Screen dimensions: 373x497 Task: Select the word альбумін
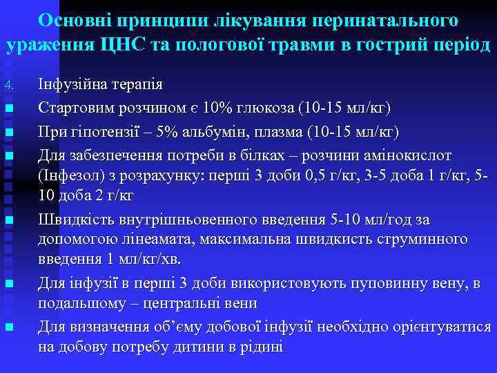point(214,131)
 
